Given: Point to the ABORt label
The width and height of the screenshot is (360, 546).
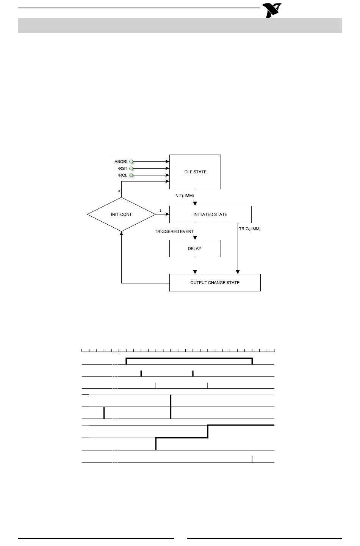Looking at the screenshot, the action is (x=121, y=162).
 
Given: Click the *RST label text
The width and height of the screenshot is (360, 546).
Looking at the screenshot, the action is (x=122, y=169).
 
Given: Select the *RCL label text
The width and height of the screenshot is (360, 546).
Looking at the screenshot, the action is (x=122, y=175).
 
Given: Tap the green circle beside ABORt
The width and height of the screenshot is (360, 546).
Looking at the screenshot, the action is (x=131, y=162).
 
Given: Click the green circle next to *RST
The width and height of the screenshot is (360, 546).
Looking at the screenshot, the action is (x=131, y=169).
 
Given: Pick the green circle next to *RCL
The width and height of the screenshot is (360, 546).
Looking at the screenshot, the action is (x=131, y=175).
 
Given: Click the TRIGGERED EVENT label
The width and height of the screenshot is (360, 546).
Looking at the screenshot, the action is (x=174, y=231).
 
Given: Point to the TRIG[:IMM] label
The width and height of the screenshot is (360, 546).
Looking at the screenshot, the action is (x=250, y=228).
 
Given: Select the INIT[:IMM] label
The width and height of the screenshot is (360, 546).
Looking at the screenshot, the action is (x=184, y=196).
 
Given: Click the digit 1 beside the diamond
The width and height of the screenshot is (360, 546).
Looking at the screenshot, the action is (x=160, y=211).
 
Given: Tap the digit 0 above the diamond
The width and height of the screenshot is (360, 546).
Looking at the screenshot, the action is (x=119, y=191).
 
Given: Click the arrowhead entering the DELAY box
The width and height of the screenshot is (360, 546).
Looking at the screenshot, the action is (x=195, y=238).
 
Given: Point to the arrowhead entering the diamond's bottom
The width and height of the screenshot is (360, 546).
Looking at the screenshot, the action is (x=121, y=233).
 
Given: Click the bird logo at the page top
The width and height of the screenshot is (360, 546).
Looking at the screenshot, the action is (x=272, y=11).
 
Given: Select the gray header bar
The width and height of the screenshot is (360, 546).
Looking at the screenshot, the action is (x=180, y=25).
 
